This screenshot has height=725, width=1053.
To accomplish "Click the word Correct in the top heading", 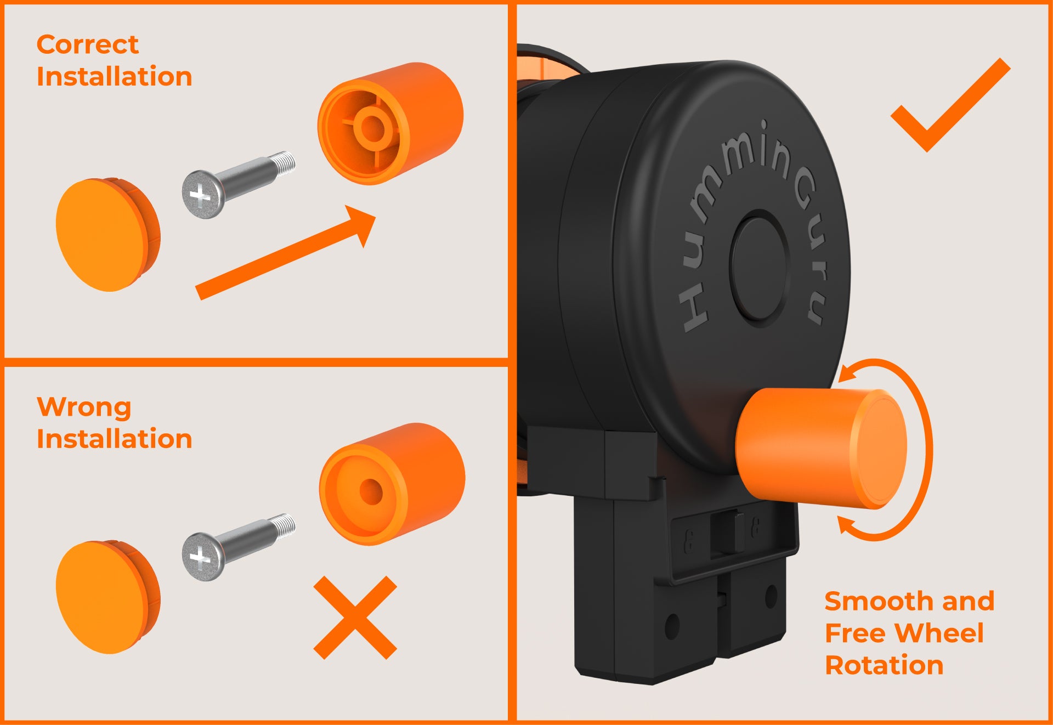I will click(x=88, y=44).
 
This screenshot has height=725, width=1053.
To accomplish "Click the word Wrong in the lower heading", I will click(x=84, y=407).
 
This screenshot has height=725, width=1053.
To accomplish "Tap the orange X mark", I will click(x=355, y=617).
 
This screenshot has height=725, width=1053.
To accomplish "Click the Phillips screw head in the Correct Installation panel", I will click(x=202, y=195).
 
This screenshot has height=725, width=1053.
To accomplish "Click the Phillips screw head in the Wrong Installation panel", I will click(x=202, y=556).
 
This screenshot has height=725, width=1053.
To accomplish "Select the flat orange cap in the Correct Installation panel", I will click(x=107, y=235).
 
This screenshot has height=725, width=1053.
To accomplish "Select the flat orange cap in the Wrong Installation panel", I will click(x=107, y=597).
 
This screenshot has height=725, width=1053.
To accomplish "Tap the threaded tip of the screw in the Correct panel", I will click(x=284, y=164).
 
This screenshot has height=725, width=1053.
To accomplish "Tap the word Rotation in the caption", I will click(x=884, y=665).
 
